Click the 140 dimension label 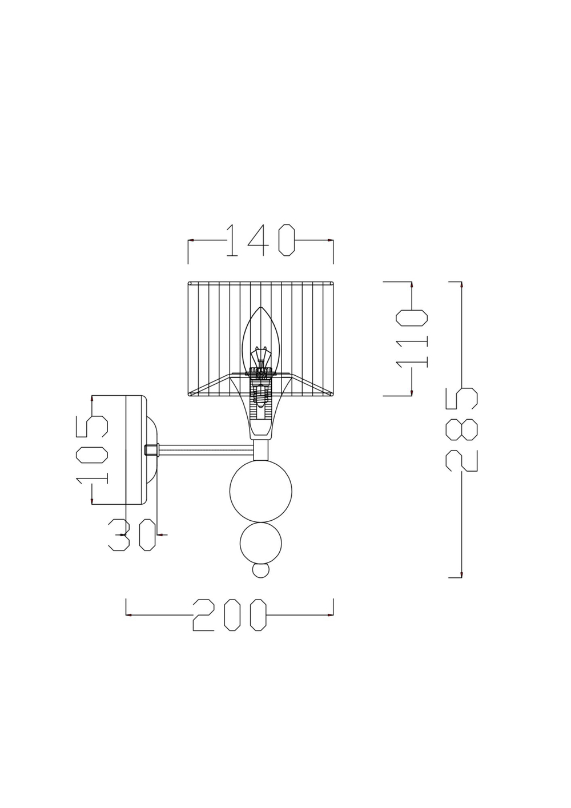[260, 240]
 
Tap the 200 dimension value [230, 615]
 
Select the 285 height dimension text [461, 429]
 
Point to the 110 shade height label [412, 337]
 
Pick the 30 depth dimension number [132, 535]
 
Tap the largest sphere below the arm [260, 491]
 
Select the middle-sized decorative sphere [261, 544]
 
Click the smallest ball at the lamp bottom [261, 570]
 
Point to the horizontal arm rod [206, 451]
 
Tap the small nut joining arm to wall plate [152, 451]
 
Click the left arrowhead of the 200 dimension [129, 615]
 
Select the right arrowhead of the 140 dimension [331, 240]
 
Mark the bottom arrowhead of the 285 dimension [461, 574]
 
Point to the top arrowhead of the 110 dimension [412, 284]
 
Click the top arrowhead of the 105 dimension [92, 399]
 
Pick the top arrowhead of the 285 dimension [461, 285]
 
